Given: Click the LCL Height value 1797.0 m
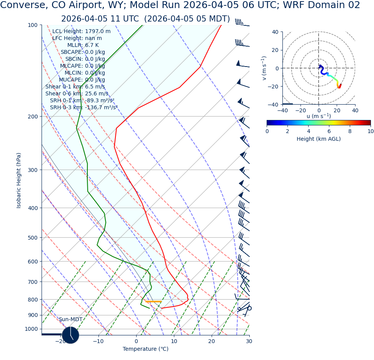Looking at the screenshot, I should coord(97,32).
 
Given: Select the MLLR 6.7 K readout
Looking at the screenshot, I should coord(92,45).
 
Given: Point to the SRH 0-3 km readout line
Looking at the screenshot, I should coord(83,108).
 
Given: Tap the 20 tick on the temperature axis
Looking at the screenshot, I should coord(212,342).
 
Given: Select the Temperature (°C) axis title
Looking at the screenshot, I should coord(145,349).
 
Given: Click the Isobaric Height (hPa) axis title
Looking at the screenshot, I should coord(19,180).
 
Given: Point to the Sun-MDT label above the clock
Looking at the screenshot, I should coord(70,320).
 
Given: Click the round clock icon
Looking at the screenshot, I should coord(70,335).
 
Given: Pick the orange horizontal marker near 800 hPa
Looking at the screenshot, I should coord(154,302).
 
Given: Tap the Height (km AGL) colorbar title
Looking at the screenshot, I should coord(319,139).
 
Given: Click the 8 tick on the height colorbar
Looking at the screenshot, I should coord(350,131).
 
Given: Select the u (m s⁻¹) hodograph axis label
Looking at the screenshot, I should coord(319,116).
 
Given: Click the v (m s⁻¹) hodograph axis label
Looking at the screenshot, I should coord(264,68).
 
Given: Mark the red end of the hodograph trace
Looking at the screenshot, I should coord(339,87).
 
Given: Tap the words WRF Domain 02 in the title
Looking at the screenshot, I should coord(325,5).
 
